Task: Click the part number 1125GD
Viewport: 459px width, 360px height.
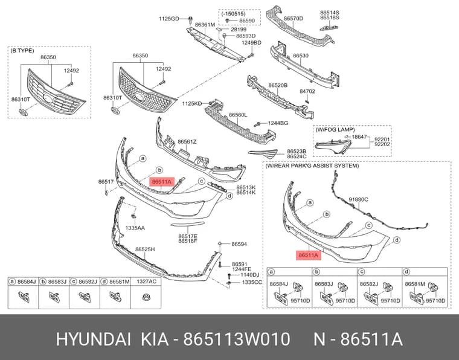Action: [x=169, y=19]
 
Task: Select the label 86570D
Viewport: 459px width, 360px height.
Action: [x=294, y=19]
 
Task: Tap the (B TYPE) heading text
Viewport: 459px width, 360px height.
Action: [x=22, y=51]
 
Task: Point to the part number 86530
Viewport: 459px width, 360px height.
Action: [x=301, y=56]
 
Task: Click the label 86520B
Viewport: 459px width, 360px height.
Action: [x=278, y=85]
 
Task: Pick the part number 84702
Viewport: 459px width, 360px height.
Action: [x=307, y=91]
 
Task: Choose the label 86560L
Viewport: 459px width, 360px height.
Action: [x=238, y=115]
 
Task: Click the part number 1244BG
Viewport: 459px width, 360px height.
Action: [x=278, y=123]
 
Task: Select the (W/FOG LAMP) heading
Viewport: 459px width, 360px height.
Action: [x=335, y=129]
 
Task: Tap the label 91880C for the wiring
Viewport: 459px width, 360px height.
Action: [x=358, y=199]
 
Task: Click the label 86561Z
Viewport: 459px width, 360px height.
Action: [x=187, y=142]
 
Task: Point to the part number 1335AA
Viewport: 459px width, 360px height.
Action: [x=135, y=228]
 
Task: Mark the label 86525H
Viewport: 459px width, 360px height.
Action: [x=145, y=249]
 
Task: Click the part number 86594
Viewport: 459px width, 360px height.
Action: [x=239, y=244]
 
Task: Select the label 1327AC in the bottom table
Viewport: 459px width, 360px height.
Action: [x=147, y=281]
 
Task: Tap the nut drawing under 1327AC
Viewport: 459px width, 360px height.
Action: [x=146, y=297]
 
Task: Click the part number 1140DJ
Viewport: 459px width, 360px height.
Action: [x=250, y=275]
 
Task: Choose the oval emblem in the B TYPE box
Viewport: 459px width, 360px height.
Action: [x=23, y=112]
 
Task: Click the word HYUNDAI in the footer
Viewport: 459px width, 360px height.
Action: [x=94, y=339]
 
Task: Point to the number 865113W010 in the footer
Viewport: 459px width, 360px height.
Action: [x=237, y=339]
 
